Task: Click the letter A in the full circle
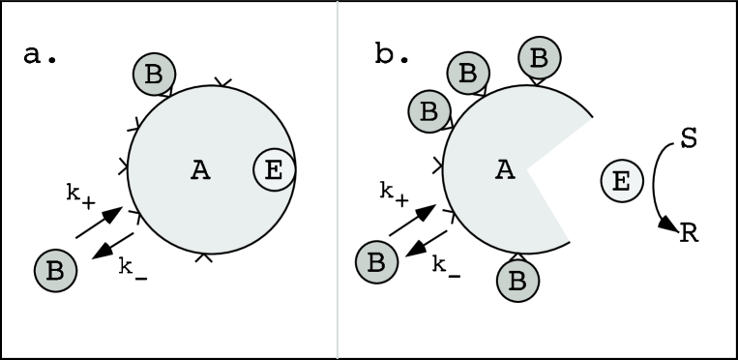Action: [x=200, y=171]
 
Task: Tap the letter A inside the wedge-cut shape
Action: [x=505, y=170]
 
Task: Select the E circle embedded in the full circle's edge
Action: [x=274, y=171]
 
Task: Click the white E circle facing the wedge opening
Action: [x=621, y=181]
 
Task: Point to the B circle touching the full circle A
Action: [x=154, y=75]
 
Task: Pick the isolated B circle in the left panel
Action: [x=55, y=271]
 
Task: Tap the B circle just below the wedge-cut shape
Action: [x=517, y=282]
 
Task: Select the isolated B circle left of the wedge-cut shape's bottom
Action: [x=376, y=262]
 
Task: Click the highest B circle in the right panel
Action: [x=539, y=58]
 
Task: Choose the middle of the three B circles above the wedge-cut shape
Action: [x=468, y=73]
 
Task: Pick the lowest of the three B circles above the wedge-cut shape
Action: [x=429, y=111]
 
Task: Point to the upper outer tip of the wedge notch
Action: [x=592, y=121]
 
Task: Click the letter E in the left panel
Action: [x=274, y=171]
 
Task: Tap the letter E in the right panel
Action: [x=621, y=181]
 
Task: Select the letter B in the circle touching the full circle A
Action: [x=154, y=75]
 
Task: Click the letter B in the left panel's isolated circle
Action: [x=55, y=271]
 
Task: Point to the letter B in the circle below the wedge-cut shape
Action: [x=517, y=282]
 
